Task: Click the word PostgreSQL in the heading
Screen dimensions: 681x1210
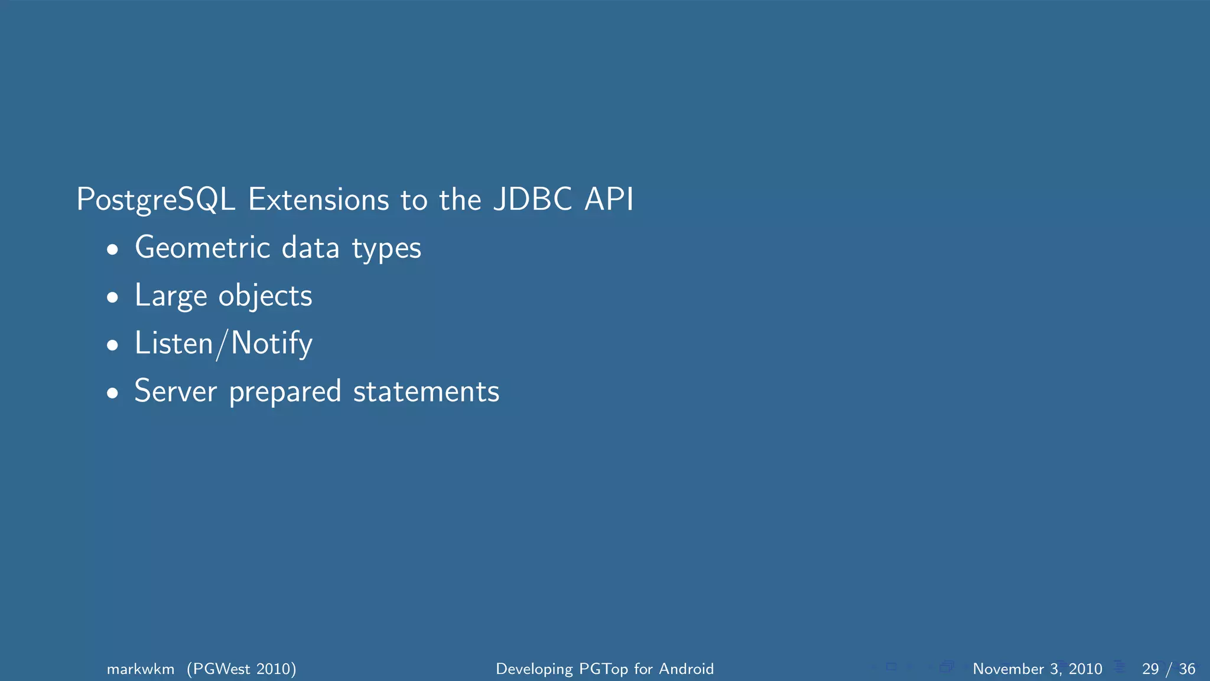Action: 156,200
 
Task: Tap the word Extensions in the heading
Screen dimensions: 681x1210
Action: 318,200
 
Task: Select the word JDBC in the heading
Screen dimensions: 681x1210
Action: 532,200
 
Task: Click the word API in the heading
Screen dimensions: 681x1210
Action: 609,200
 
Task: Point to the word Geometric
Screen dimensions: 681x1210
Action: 203,248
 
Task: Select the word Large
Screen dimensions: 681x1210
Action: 171,296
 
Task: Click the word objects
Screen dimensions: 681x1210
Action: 265,296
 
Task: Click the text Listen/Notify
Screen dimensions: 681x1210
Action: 223,343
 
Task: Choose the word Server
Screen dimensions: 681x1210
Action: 175,391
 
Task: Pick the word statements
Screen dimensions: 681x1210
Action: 426,391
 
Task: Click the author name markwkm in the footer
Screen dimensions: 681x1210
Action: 141,669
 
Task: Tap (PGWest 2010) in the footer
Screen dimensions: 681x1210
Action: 242,669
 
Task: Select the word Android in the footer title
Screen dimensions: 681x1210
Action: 686,669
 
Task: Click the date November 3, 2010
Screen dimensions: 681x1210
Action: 1037,669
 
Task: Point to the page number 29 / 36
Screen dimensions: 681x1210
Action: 1168,669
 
